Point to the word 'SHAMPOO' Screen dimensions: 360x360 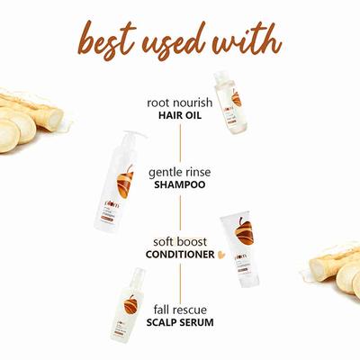tap(179, 184)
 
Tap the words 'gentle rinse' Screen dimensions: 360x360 tap(179, 169)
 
